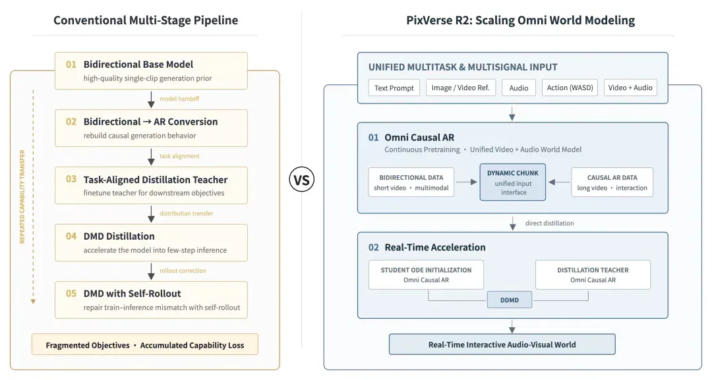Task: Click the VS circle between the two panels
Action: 301,180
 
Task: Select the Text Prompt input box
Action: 394,88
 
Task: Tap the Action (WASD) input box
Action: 570,88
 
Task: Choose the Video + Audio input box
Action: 630,88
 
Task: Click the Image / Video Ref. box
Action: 461,88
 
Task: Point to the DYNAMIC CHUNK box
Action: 513,182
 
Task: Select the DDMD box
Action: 510,300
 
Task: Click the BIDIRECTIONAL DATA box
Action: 411,182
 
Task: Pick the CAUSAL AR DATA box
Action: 612,182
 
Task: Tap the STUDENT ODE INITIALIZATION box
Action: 426,275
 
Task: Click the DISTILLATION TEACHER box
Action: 593,275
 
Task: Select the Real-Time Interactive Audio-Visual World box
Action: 502,344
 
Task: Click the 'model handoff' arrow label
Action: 179,99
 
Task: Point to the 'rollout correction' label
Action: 183,271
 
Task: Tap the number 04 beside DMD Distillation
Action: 71,236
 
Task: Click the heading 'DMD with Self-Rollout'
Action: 132,293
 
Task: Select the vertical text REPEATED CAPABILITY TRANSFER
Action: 22,197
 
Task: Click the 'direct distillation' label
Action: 549,223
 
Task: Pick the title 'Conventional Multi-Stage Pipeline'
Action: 146,20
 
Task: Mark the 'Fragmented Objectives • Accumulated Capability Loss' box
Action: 145,344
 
